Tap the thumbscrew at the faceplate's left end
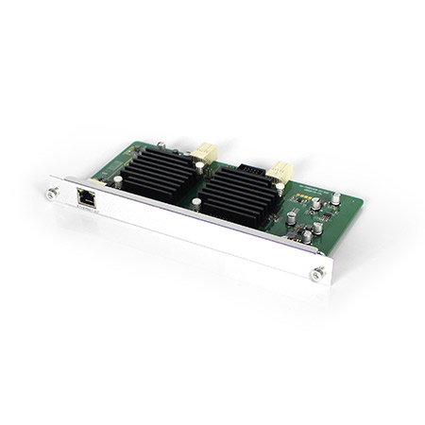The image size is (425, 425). click(47, 195)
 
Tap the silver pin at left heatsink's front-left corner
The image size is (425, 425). click(117, 178)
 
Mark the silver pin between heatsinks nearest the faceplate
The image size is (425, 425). click(194, 204)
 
